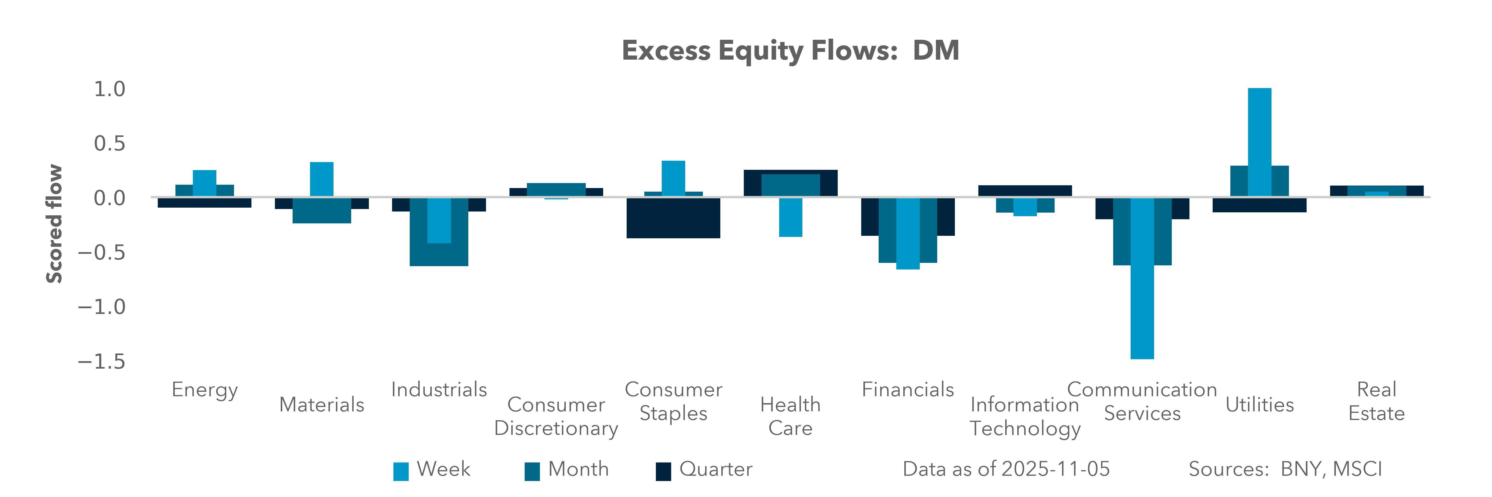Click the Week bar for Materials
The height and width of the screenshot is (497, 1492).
(321, 179)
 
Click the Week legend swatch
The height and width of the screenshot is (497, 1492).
(401, 471)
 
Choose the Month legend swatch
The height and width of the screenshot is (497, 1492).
(532, 471)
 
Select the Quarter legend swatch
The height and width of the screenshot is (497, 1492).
(663, 471)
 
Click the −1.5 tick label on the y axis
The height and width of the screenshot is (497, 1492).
(102, 362)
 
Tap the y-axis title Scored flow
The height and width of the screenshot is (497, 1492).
(54, 224)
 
